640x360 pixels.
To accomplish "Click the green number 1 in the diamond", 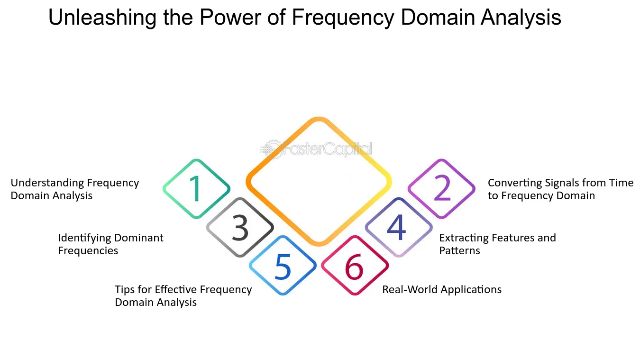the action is [196, 188].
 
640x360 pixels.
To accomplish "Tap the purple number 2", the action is [442, 187].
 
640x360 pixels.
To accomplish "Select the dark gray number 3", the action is [240, 228].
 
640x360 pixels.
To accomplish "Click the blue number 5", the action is [283, 267].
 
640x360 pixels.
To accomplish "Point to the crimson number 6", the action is [354, 267].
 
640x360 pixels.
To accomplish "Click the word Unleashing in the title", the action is [102, 18].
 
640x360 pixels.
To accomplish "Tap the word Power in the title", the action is [230, 17].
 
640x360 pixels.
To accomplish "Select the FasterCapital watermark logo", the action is [316, 149].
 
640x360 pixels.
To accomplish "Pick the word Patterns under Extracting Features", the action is [459, 250].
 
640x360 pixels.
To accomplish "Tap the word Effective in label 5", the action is [176, 289].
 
